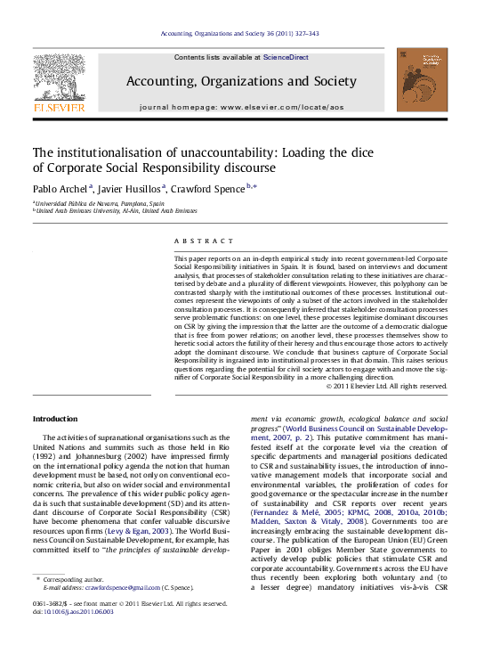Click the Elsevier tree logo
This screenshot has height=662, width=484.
pyautogui.click(x=59, y=78)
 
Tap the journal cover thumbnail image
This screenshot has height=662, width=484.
pyautogui.click(x=423, y=80)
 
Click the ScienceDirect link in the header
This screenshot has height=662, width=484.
pyautogui.click(x=286, y=57)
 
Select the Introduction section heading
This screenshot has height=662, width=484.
pyautogui.click(x=55, y=419)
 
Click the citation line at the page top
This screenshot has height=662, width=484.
pyautogui.click(x=240, y=34)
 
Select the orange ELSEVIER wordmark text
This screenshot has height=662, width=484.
pyautogui.click(x=59, y=107)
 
